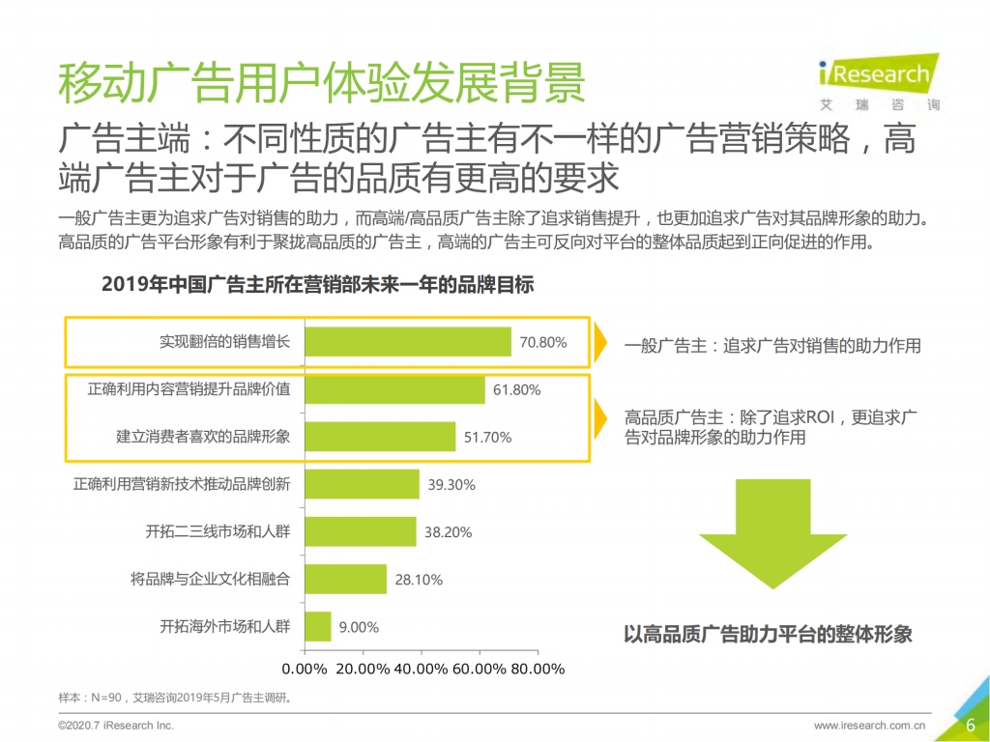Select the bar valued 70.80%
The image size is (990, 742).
[408, 342]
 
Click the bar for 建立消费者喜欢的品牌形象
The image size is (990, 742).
[380, 437]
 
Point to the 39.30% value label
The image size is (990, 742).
[451, 484]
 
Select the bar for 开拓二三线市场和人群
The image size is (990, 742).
[361, 531]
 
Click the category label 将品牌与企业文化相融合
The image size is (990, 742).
[210, 579]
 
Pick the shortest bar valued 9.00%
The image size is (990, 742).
[318, 626]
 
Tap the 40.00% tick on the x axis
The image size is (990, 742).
[422, 669]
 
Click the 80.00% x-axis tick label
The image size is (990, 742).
[537, 669]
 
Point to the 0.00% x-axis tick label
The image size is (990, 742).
[305, 669]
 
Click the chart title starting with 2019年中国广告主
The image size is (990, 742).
[317, 286]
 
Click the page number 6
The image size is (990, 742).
[969, 725]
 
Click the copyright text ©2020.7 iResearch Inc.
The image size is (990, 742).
[116, 725]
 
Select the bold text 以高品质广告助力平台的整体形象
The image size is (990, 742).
[768, 635]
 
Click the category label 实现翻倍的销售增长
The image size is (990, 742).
[224, 342]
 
